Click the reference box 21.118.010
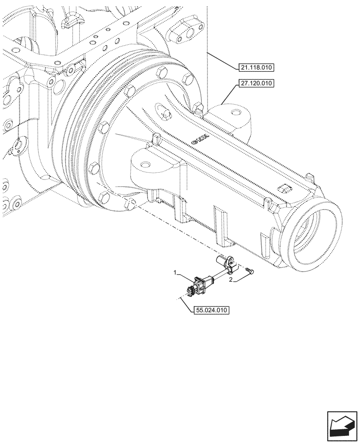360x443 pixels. [x=256, y=68]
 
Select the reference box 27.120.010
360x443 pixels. [x=256, y=83]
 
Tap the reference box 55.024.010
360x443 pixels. [x=211, y=311]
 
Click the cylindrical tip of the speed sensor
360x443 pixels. [x=220, y=259]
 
